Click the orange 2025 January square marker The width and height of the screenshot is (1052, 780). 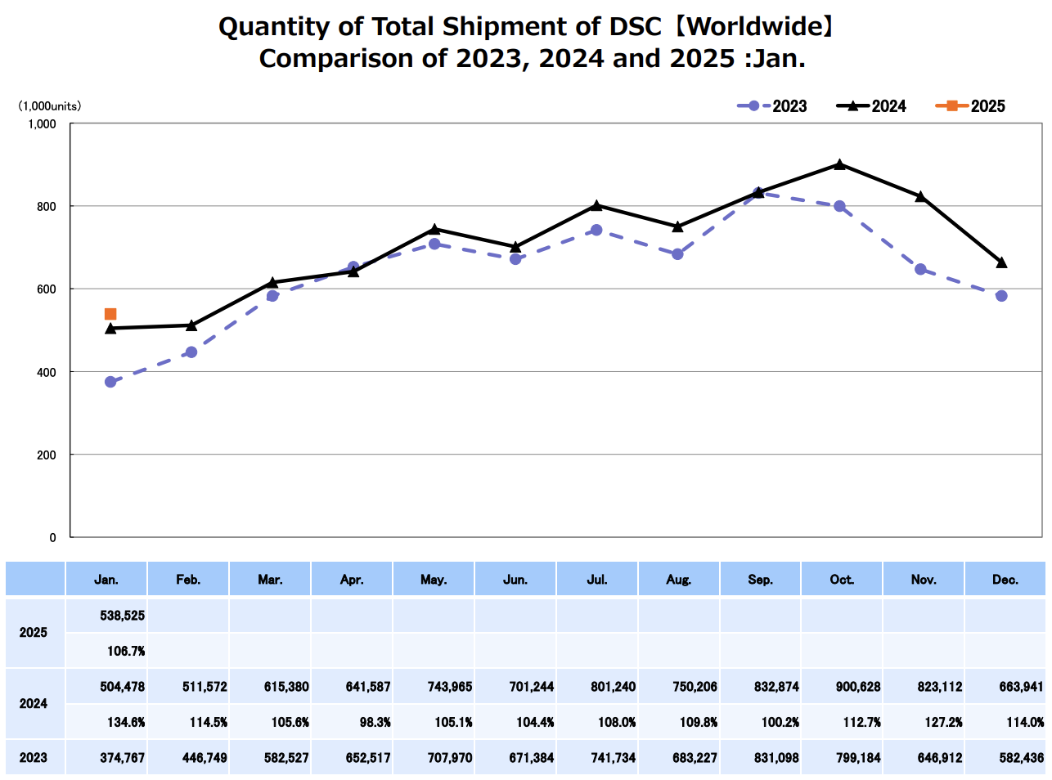pyautogui.click(x=110, y=314)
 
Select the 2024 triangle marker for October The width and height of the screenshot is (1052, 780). pyautogui.click(x=839, y=164)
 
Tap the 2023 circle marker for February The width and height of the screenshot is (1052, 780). pyautogui.click(x=191, y=352)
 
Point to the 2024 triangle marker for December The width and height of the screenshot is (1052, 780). pyautogui.click(x=1001, y=262)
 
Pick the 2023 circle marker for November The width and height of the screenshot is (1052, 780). pyautogui.click(x=920, y=269)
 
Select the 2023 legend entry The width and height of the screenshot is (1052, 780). pyautogui.click(x=772, y=106)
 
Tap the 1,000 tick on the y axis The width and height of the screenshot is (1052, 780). pyautogui.click(x=43, y=124)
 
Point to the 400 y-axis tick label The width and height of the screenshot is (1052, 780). pyautogui.click(x=47, y=372)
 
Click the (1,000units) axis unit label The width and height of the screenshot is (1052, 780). pyautogui.click(x=50, y=106)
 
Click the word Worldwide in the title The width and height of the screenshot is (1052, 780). pyautogui.click(x=752, y=27)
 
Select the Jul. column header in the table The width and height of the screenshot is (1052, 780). pyautogui.click(x=597, y=580)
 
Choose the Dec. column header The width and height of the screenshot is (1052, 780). pyautogui.click(x=1005, y=580)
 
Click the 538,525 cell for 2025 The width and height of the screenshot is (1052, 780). pyautogui.click(x=123, y=616)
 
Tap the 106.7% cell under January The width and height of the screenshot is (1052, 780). pyautogui.click(x=126, y=651)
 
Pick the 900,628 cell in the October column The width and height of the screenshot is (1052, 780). pyautogui.click(x=858, y=687)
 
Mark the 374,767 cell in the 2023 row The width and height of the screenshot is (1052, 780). pyautogui.click(x=123, y=758)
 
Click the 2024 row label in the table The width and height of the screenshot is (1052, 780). pyautogui.click(x=34, y=704)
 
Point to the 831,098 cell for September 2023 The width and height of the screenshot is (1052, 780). pyautogui.click(x=776, y=758)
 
